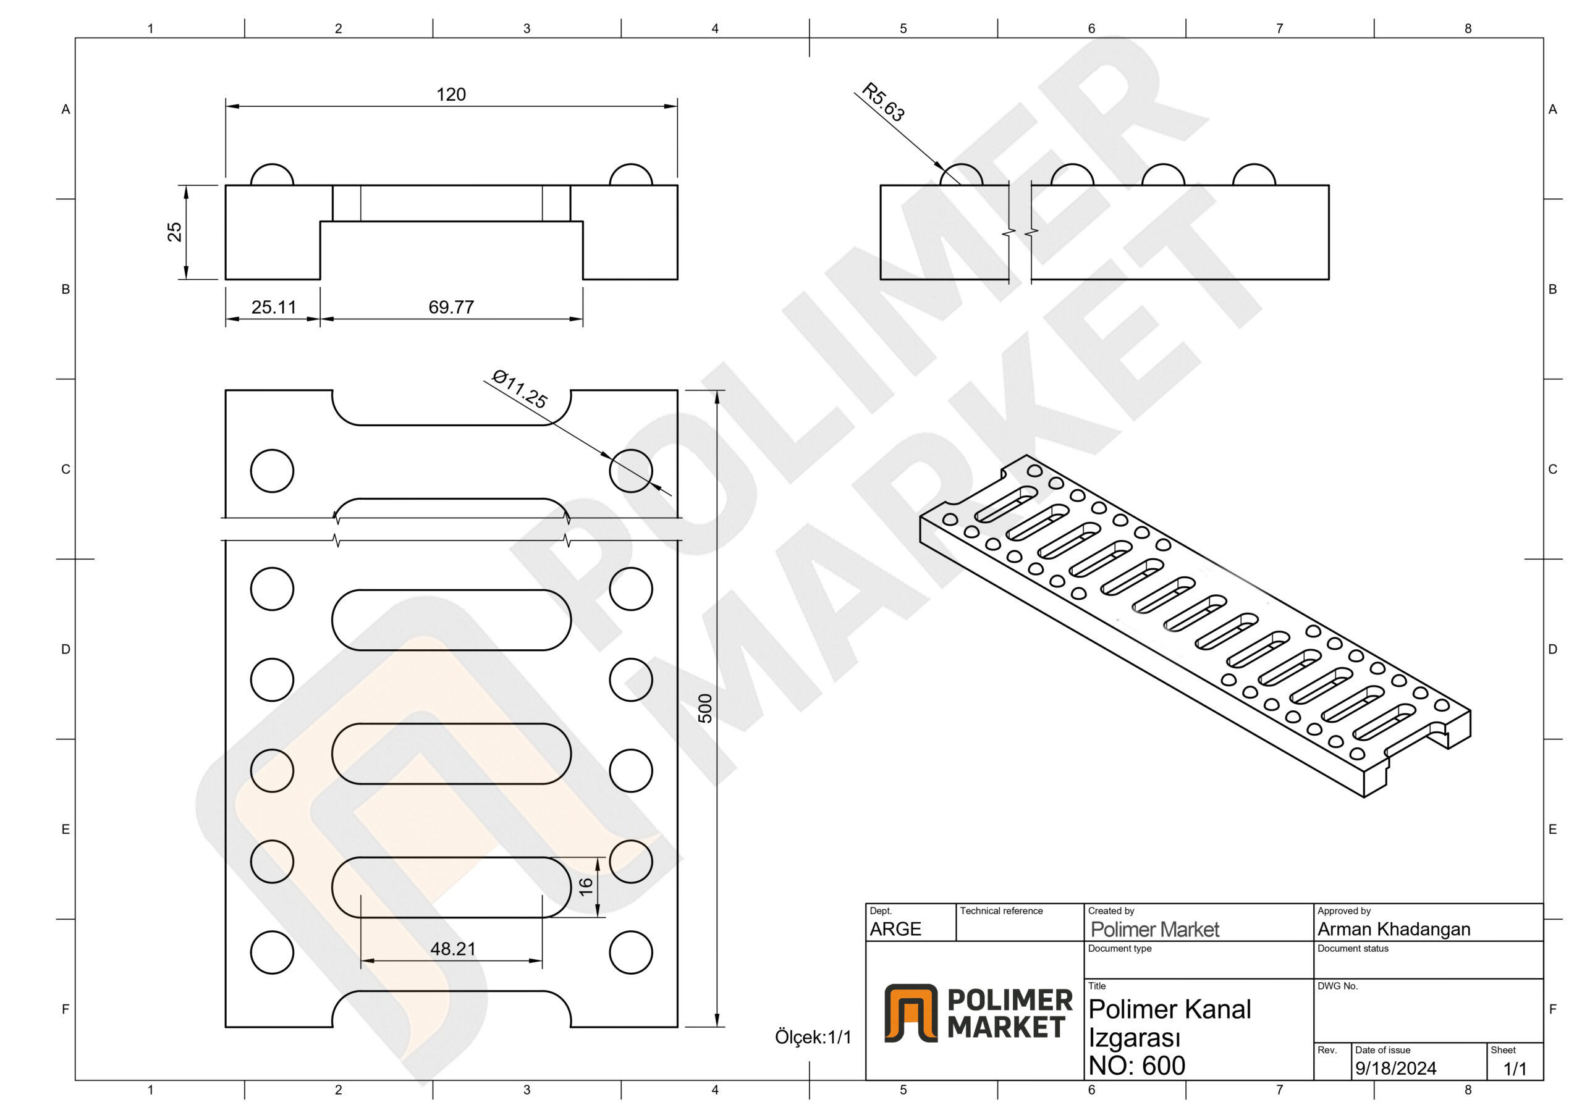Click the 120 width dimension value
(x=450, y=95)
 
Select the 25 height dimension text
(x=174, y=232)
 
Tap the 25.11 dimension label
(x=274, y=307)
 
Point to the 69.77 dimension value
(x=451, y=307)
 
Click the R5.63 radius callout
(x=883, y=102)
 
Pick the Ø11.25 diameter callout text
(x=520, y=389)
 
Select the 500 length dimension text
(x=705, y=708)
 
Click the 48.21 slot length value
(x=453, y=949)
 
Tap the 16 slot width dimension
(x=586, y=886)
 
